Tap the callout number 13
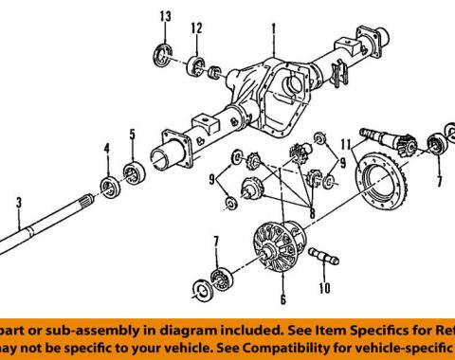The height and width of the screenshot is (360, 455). click(x=166, y=18)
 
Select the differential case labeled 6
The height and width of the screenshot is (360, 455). click(x=282, y=250)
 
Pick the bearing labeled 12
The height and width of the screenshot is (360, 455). click(x=196, y=63)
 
